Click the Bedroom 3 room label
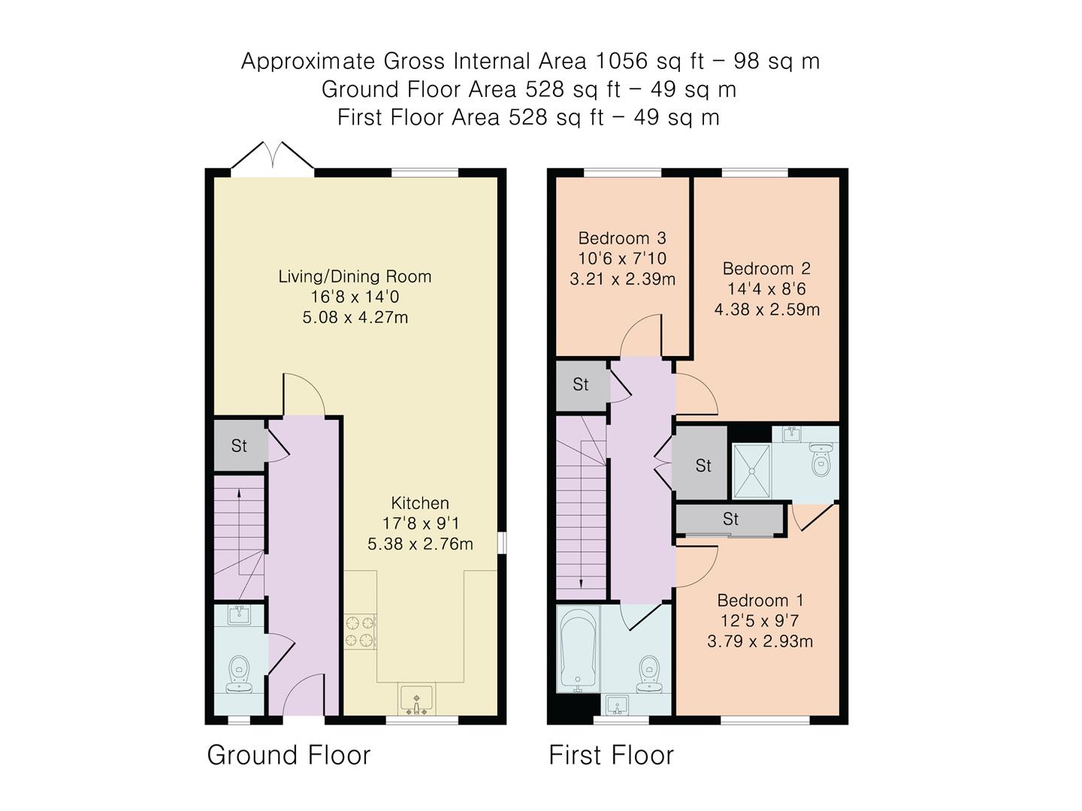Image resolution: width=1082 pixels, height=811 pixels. point(621,238)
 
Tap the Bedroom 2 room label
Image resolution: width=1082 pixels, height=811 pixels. point(766,268)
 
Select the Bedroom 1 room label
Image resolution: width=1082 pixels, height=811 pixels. point(760,600)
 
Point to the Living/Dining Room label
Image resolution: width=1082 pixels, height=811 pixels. point(355,276)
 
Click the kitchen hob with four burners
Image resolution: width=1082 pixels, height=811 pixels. point(360,631)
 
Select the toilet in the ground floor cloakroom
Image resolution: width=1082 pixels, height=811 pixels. point(240,671)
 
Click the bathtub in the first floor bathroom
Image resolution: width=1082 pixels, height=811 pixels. point(577,650)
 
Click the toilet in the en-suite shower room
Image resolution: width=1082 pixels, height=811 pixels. point(821,460)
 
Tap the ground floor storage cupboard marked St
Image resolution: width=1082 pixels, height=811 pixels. point(239,445)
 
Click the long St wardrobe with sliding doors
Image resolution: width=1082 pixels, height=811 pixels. point(730,519)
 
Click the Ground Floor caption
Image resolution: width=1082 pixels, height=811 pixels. point(289,755)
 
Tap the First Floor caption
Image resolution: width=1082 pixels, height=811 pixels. point(611,755)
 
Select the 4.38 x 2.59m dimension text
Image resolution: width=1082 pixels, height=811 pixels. point(766,309)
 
